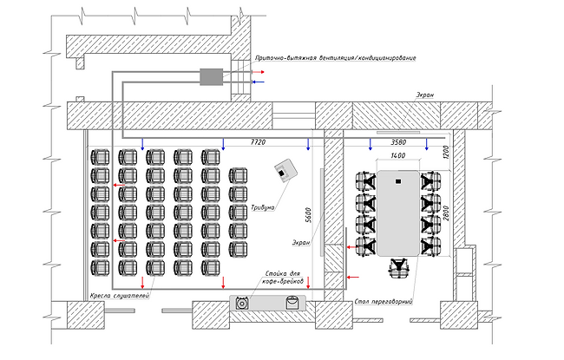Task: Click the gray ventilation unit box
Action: [212, 76]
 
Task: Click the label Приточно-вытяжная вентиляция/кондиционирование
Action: [335, 58]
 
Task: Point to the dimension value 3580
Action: [398, 141]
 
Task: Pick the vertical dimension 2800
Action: [447, 212]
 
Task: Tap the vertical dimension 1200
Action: [447, 153]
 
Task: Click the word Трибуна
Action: [263, 207]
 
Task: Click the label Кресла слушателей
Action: [120, 297]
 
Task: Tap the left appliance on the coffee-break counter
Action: [242, 303]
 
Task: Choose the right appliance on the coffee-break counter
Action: [292, 302]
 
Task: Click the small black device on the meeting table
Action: [397, 181]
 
